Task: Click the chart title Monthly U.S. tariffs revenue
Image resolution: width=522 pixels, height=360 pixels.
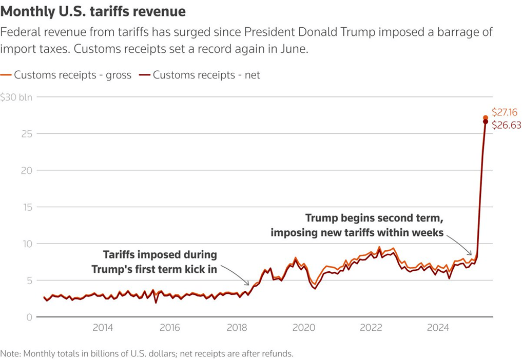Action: coord(93,11)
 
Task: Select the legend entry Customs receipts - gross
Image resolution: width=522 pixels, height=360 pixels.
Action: coord(72,75)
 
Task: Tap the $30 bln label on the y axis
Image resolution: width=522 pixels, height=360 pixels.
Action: coord(16,97)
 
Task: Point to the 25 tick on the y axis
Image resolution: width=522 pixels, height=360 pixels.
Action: coord(23,134)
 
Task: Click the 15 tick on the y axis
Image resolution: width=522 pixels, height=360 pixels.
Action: coord(23,207)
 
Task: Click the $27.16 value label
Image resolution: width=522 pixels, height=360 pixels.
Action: coord(505,112)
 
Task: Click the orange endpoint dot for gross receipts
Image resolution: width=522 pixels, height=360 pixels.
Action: coord(486,118)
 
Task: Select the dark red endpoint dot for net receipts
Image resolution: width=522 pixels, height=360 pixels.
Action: coord(486,122)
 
